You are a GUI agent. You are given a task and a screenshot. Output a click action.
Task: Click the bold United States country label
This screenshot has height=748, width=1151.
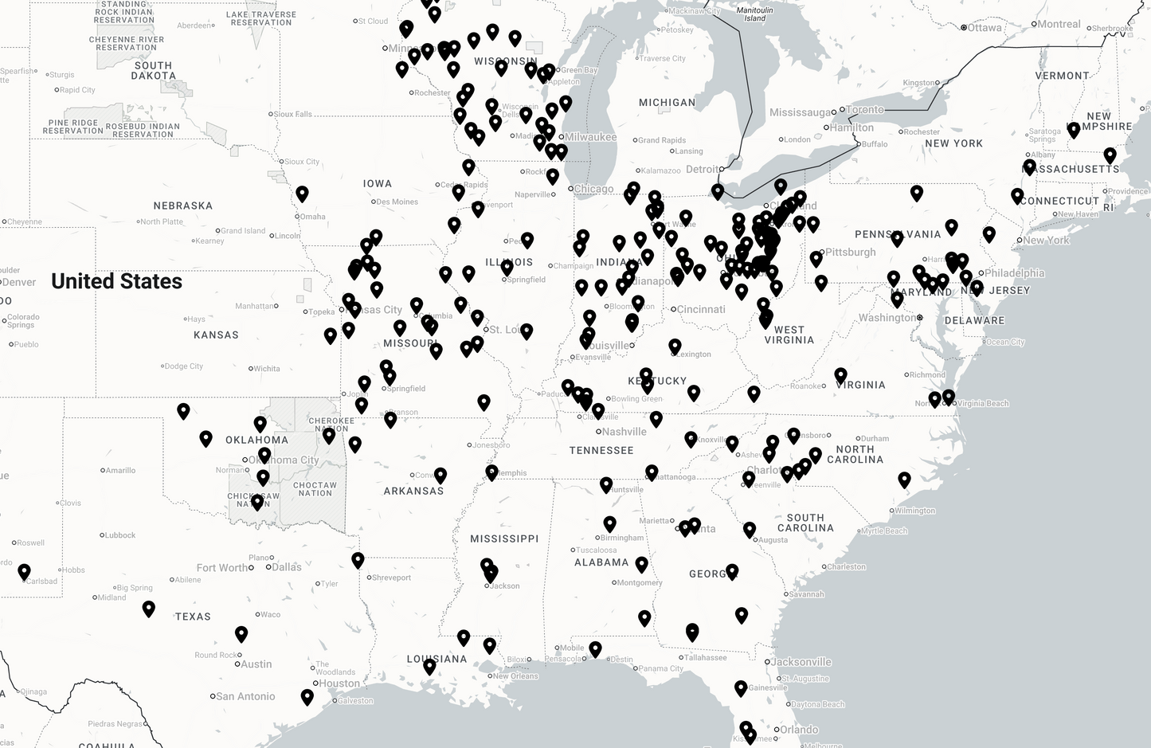[116, 281]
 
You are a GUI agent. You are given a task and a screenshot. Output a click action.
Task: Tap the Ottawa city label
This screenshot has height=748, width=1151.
[985, 27]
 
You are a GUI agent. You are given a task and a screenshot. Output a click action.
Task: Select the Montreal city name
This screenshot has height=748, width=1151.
[1059, 24]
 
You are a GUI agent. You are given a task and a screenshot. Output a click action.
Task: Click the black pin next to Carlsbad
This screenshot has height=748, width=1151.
[24, 571]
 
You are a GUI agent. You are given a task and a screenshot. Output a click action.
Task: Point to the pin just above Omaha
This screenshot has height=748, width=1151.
[302, 194]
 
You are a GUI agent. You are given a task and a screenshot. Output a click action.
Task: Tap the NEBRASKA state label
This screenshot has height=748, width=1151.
[182, 206]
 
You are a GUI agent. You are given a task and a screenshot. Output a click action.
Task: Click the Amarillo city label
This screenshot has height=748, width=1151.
[120, 470]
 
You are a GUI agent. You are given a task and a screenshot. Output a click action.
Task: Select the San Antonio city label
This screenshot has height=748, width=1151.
[245, 696]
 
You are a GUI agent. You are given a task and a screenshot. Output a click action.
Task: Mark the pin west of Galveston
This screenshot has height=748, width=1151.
[307, 697]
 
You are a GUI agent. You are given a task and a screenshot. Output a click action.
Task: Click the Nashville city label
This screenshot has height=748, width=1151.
[624, 432]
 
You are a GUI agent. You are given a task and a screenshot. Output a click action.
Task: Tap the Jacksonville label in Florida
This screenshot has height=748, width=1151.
[801, 662]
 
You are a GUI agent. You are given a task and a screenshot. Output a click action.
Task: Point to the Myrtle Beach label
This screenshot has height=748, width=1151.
[883, 531]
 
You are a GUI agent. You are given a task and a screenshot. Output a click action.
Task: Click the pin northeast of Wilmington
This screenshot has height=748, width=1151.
[904, 480]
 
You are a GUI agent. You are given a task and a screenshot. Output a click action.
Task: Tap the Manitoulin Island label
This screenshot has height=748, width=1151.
[754, 14]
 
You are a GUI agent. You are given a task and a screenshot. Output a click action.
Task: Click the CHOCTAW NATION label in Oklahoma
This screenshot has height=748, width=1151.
[315, 488]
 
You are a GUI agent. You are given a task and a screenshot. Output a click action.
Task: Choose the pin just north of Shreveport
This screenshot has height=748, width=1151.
[358, 560]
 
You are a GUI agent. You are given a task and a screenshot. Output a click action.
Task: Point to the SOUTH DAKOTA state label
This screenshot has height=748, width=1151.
[153, 71]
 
